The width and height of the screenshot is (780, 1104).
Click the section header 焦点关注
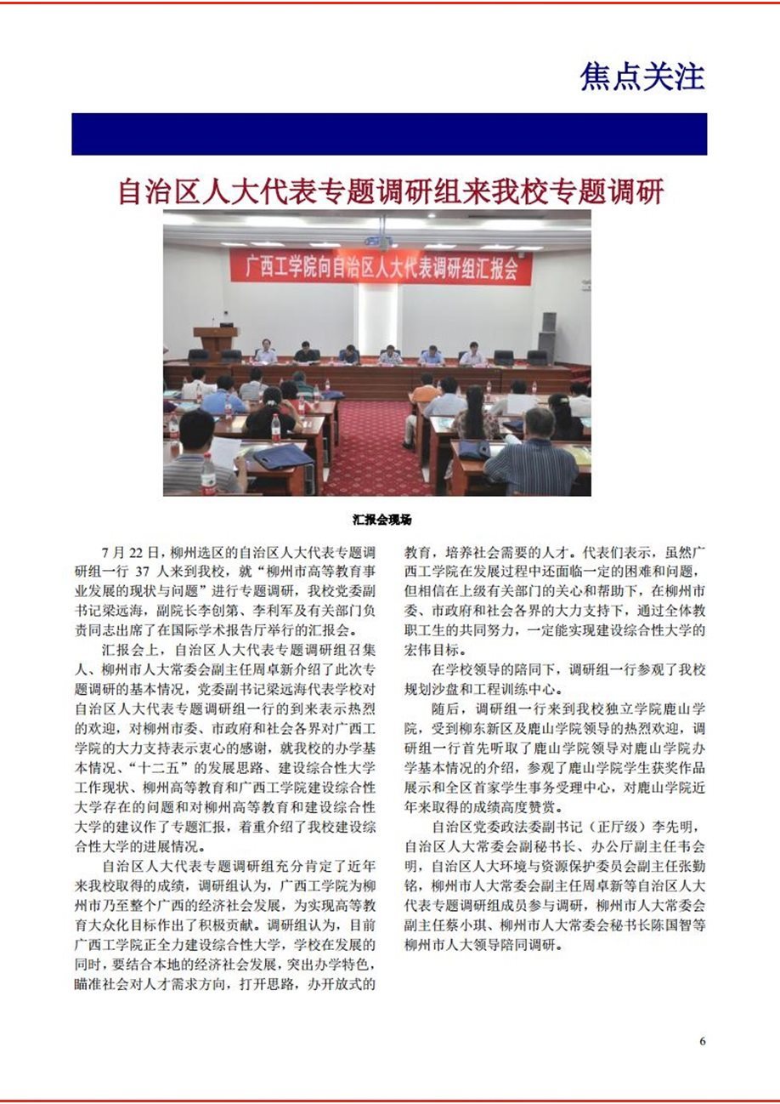click(x=642, y=77)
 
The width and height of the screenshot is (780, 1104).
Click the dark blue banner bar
click(x=389, y=134)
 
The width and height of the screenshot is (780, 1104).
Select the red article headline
click(x=390, y=192)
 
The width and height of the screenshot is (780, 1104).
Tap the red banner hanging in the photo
click(x=381, y=267)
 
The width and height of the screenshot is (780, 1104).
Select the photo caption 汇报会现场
click(x=382, y=519)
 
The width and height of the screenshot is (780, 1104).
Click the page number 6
click(x=702, y=1040)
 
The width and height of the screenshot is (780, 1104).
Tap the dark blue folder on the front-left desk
click(x=282, y=457)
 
